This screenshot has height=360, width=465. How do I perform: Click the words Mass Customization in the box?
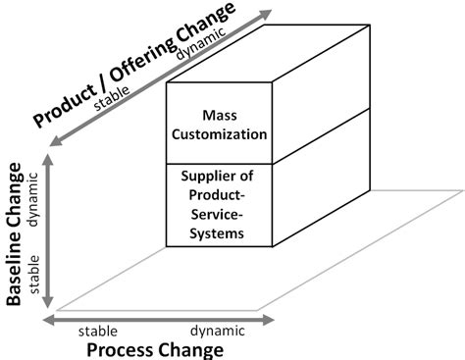click(x=217, y=122)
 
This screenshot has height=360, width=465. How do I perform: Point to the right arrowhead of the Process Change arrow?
click(x=271, y=318)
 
